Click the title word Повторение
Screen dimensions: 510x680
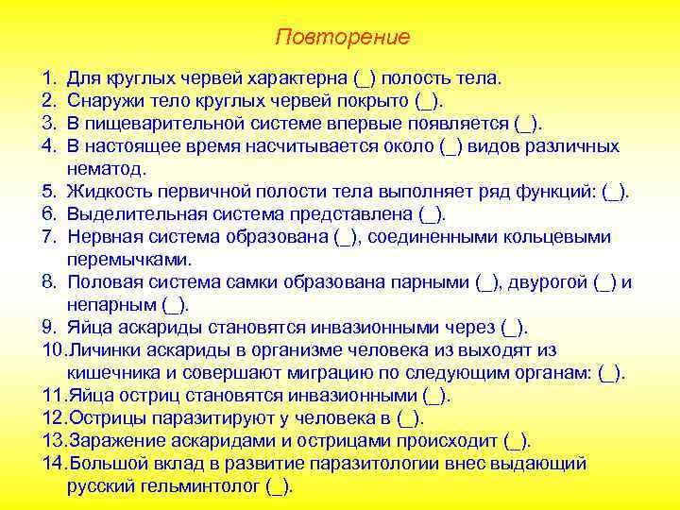(343, 37)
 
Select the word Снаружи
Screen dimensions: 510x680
(104, 100)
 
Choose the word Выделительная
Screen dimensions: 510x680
(127, 214)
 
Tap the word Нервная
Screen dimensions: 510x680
(102, 237)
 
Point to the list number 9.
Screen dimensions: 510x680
(48, 328)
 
